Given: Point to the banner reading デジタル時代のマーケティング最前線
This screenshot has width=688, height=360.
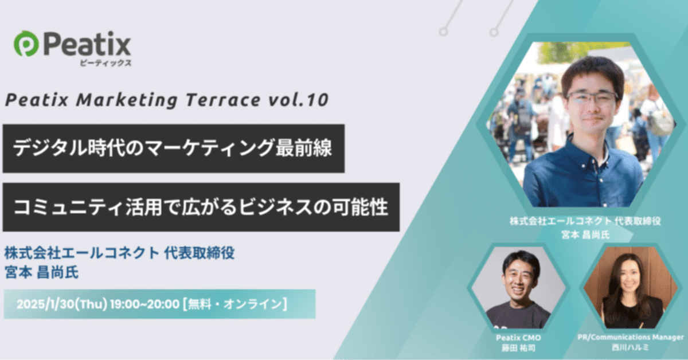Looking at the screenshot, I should click(x=173, y=148).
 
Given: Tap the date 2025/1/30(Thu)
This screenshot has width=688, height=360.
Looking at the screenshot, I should click(x=62, y=304).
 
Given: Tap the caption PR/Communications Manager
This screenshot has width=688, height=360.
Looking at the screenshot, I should click(x=630, y=338).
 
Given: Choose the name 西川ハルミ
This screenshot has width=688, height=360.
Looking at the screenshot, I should click(x=630, y=348).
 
